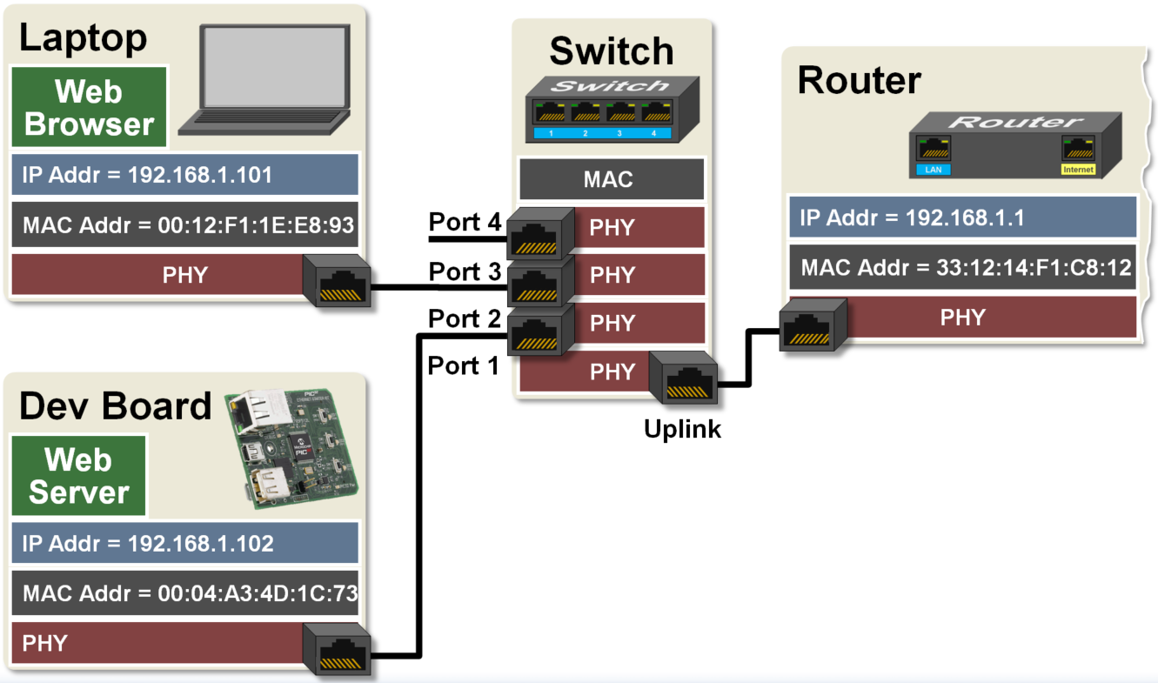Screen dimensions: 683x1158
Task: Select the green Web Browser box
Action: pos(89,108)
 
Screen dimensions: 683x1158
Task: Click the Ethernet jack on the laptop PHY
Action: pos(338,281)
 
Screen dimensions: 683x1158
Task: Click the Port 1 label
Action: pos(464,366)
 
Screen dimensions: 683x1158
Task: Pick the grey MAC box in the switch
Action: pos(610,180)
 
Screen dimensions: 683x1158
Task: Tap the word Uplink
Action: pos(682,428)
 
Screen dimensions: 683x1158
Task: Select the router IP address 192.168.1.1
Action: pos(962,218)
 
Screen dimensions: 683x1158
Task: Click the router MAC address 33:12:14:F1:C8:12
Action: pos(962,267)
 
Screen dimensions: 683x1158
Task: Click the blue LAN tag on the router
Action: pos(933,170)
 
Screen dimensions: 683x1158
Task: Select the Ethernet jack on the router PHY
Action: pos(812,325)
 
